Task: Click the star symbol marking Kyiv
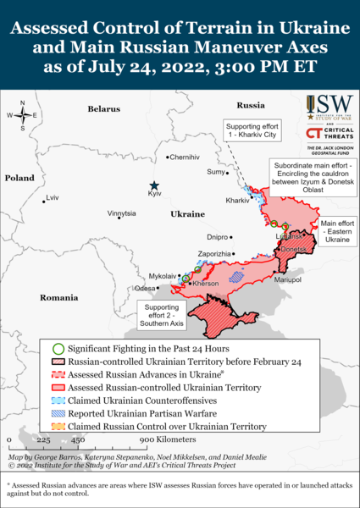pos(154,185)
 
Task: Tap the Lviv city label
pos(53,198)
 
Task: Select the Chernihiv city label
pos(186,157)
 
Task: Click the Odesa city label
pos(147,288)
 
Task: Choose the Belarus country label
pos(103,109)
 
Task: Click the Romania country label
pos(58,298)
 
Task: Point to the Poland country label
pos(19,178)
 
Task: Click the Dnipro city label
pos(218,238)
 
